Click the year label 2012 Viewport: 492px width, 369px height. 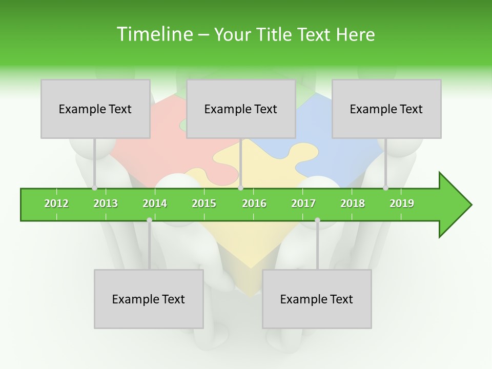(56, 203)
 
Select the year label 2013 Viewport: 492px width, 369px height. (106, 203)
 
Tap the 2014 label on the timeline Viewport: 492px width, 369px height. (155, 203)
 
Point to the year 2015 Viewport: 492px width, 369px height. (204, 203)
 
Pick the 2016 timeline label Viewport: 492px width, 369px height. (254, 203)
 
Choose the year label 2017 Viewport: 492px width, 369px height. (303, 203)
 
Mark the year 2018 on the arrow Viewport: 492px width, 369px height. (353, 203)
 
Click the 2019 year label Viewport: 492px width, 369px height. (402, 203)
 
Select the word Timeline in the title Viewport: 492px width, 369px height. (154, 34)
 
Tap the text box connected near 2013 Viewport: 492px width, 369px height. (95, 109)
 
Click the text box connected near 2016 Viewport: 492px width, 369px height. (241, 109)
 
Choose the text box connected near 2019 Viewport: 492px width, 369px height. (386, 109)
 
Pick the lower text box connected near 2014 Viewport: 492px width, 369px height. (149, 299)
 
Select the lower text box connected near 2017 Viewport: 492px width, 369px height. (317, 299)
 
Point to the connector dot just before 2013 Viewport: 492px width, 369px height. (94, 188)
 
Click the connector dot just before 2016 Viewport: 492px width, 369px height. (240, 188)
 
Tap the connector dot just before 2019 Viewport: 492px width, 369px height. (386, 188)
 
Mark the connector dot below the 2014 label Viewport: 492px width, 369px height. (149, 220)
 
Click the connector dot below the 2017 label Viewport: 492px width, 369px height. (317, 220)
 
